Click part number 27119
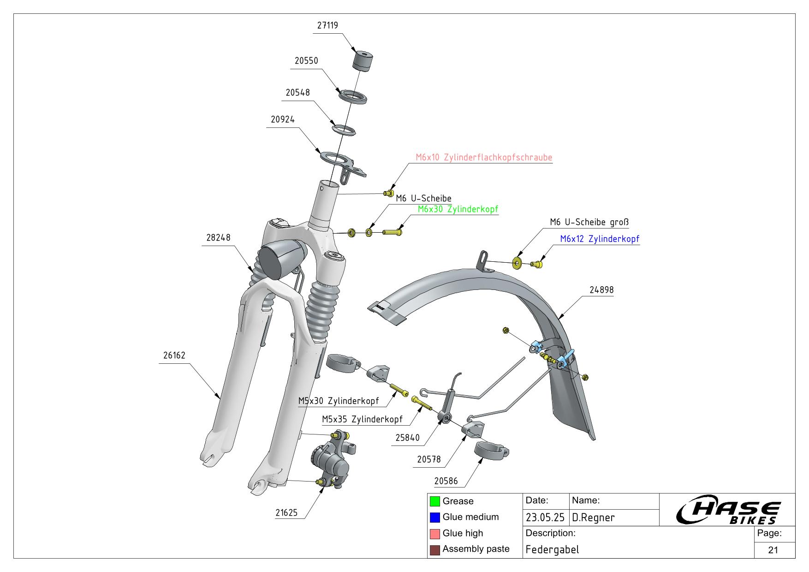(x=327, y=25)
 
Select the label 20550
(x=306, y=61)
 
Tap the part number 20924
(x=283, y=120)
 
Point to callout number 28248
(x=218, y=238)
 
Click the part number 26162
(x=174, y=355)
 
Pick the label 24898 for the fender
(x=601, y=290)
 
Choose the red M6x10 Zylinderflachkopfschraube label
(x=484, y=157)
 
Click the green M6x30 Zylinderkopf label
(x=458, y=209)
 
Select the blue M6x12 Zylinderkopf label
(x=600, y=239)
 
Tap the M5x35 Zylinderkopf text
(x=362, y=420)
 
